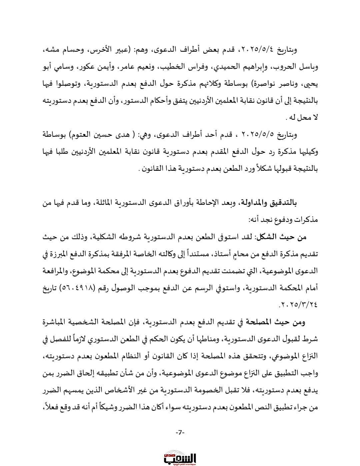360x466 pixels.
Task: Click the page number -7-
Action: [x=180, y=432]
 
